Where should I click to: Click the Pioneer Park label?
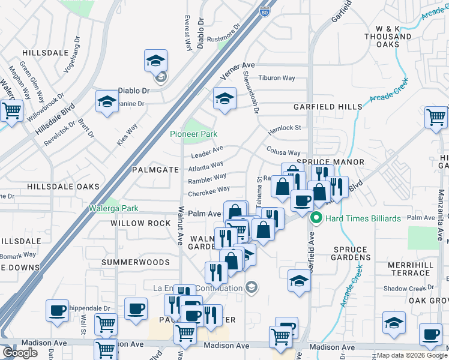(193, 134)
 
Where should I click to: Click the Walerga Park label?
(113, 208)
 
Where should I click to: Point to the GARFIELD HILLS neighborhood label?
(328, 107)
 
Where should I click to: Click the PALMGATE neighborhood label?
(156, 170)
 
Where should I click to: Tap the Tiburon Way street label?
(277, 78)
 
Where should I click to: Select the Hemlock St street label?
(284, 128)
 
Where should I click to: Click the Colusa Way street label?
(283, 153)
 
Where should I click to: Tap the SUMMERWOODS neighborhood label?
(135, 262)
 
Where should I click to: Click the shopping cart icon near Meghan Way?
(11, 110)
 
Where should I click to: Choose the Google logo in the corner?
(20, 353)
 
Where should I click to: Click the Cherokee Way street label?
(208, 192)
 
